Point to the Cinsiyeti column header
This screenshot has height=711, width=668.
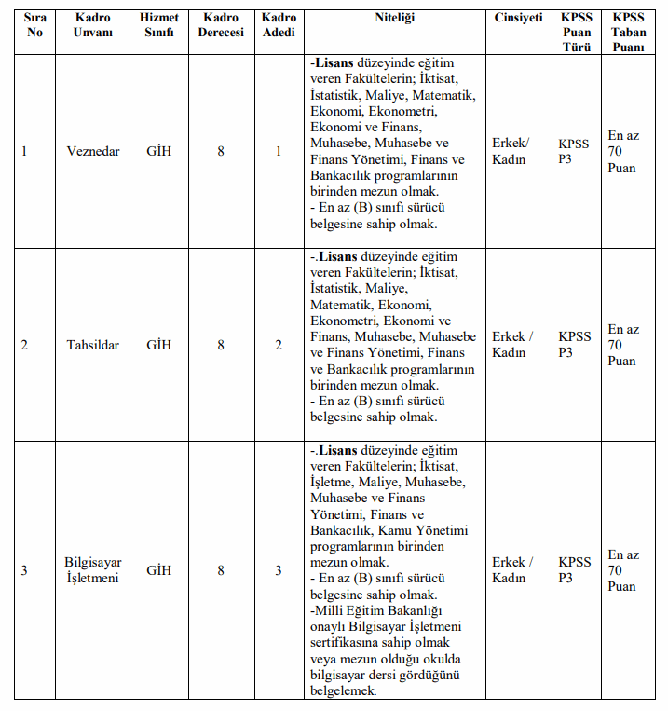[517, 18]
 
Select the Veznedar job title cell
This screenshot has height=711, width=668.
[93, 151]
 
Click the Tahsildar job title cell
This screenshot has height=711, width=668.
[93, 345]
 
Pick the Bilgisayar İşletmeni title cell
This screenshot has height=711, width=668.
[93, 570]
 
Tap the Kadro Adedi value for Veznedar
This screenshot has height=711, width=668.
[278, 151]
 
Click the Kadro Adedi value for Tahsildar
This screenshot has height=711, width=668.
[278, 345]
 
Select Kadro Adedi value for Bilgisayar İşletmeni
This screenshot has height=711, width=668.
[278, 570]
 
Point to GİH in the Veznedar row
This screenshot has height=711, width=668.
[159, 151]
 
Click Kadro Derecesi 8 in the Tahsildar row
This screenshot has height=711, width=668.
[221, 345]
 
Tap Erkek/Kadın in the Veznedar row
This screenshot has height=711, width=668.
[511, 151]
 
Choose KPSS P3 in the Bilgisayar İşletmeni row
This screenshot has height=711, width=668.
[574, 570]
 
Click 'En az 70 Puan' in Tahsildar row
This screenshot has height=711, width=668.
[623, 345]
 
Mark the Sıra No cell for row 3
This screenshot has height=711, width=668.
[24, 570]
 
